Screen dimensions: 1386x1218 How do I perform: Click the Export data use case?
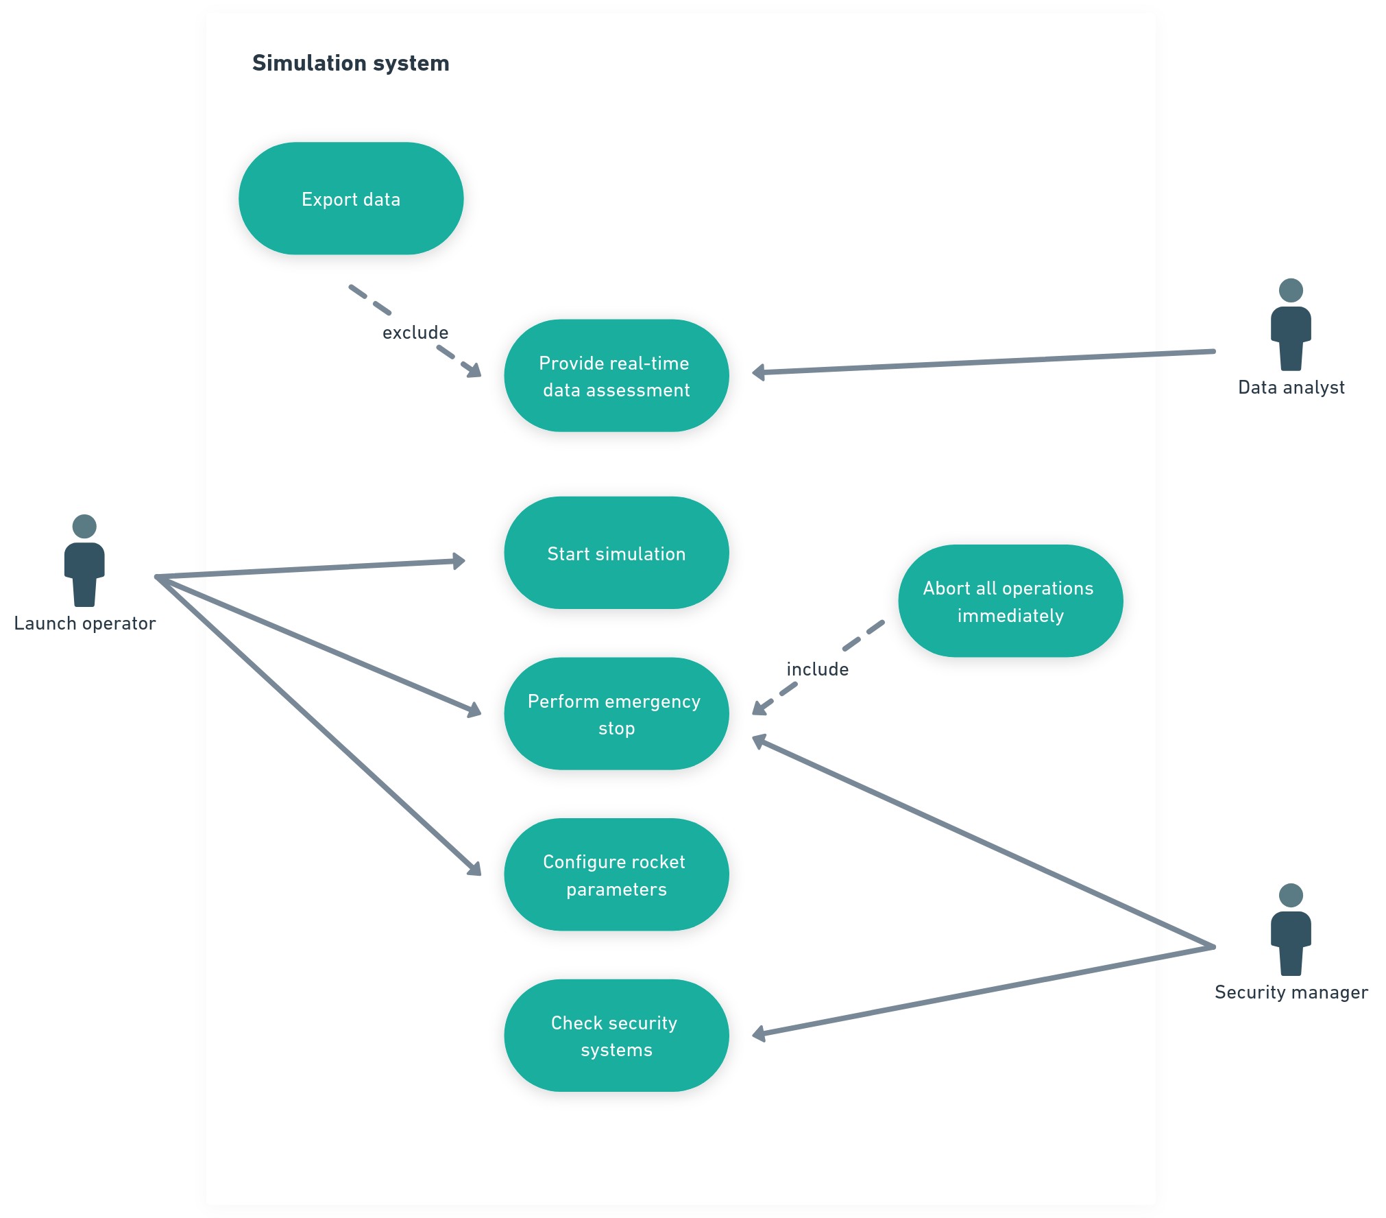click(x=351, y=199)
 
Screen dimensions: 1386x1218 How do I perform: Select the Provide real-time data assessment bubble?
click(x=616, y=376)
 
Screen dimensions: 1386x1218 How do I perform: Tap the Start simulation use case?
click(x=616, y=553)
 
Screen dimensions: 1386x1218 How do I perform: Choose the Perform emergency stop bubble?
click(x=616, y=714)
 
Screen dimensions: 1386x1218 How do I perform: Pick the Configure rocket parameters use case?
click(x=616, y=874)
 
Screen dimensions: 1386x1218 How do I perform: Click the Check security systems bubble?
click(x=616, y=1036)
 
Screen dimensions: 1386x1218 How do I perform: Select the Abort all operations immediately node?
click(x=1010, y=601)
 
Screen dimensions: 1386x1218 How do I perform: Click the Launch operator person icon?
click(x=84, y=560)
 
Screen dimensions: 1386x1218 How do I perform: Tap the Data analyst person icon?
click(x=1291, y=324)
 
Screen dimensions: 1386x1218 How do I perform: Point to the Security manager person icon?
click(x=1291, y=929)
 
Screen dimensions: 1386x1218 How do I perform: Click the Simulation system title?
click(x=351, y=63)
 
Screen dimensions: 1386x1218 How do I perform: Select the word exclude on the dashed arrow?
click(x=415, y=333)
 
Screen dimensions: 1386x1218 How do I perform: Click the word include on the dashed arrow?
click(x=818, y=669)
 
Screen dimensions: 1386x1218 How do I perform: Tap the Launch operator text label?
click(x=85, y=623)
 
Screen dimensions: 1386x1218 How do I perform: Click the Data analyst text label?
click(x=1291, y=387)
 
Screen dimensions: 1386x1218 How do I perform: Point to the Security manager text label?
click(x=1291, y=992)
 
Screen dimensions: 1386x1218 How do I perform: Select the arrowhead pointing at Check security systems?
click(x=759, y=1034)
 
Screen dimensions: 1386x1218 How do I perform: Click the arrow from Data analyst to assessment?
click(x=984, y=362)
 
